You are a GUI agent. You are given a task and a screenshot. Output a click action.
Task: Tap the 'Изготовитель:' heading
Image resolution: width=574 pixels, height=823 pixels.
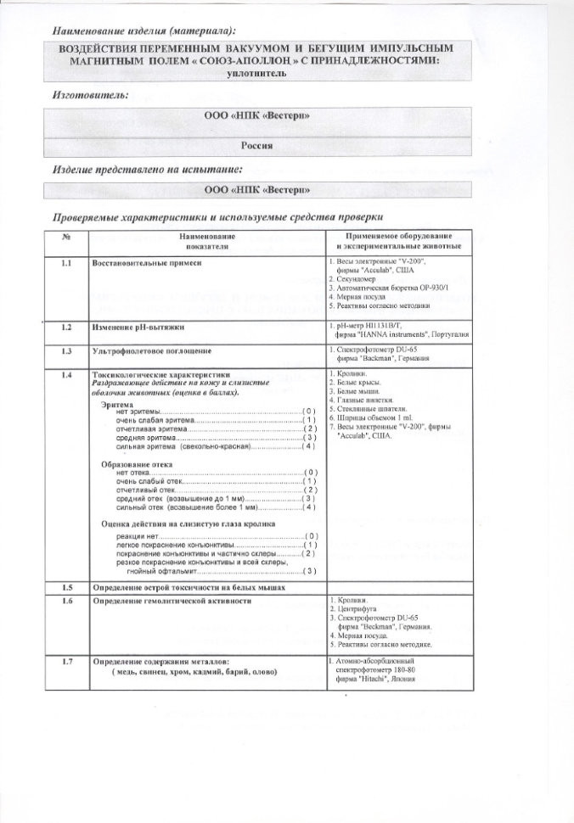coord(91,95)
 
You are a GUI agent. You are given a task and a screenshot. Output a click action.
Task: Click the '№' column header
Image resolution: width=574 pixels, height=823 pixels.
coord(66,235)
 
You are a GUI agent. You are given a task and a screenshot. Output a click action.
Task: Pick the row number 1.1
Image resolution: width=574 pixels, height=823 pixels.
coord(66,264)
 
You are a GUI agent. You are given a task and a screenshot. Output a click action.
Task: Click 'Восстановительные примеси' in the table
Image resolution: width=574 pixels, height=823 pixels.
coord(147,264)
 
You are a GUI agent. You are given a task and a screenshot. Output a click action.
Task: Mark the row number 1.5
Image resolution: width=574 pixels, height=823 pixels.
coord(66,587)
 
